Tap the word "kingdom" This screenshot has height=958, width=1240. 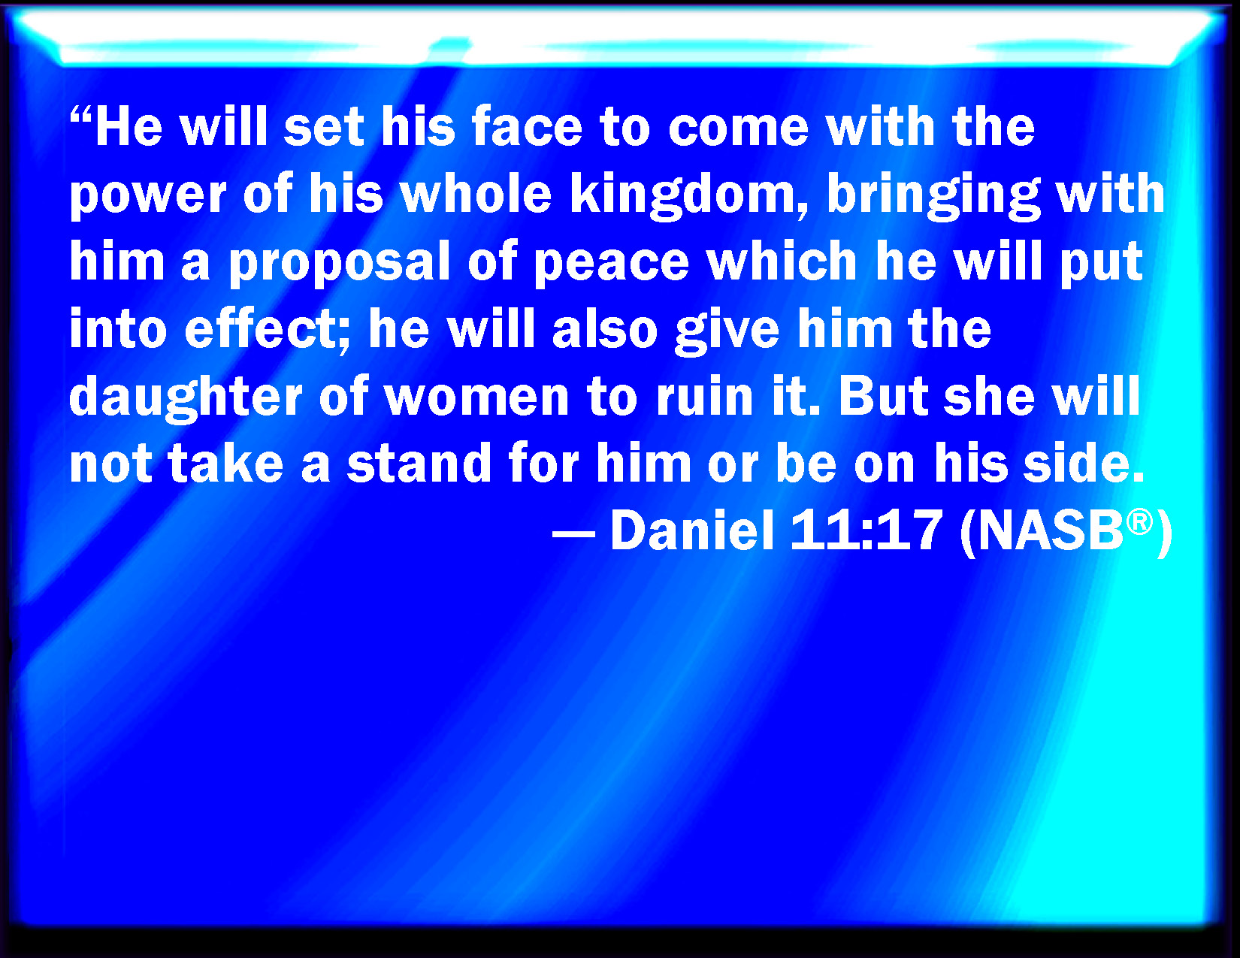(x=689, y=195)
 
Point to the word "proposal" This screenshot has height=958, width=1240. (x=340, y=262)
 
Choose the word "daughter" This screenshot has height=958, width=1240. (x=186, y=397)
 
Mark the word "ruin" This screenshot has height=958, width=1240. (x=705, y=397)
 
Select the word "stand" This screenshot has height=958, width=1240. (x=419, y=463)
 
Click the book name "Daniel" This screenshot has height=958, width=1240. (x=692, y=530)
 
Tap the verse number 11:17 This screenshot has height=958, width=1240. (x=866, y=530)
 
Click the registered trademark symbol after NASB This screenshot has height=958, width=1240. (x=1139, y=523)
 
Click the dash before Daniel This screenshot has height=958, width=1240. (x=573, y=535)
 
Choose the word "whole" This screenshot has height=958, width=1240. (x=476, y=193)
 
